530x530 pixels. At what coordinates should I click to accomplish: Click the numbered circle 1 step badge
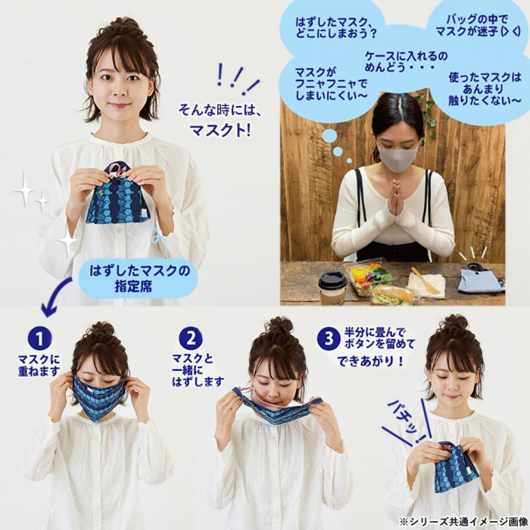(40, 338)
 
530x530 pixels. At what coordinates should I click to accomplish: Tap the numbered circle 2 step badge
(191, 338)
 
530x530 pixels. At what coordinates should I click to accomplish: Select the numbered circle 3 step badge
(329, 338)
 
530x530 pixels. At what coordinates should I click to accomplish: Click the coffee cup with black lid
(333, 288)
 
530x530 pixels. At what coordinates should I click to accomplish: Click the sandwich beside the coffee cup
(393, 295)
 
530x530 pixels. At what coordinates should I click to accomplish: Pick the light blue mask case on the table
(481, 278)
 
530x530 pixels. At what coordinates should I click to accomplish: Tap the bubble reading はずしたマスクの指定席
(139, 279)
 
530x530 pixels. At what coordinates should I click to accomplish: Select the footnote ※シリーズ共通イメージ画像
(463, 521)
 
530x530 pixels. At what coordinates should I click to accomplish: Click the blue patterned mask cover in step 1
(98, 396)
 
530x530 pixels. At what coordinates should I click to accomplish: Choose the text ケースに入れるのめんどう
(406, 61)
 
